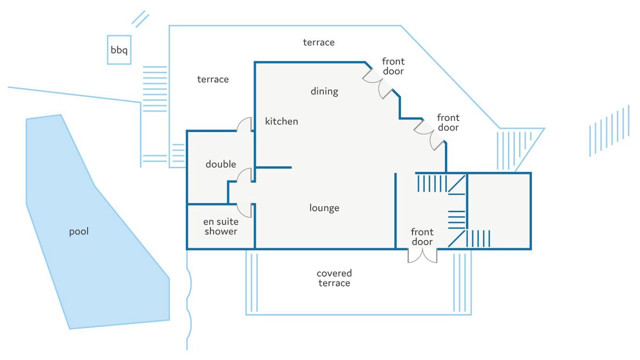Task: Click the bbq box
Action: [119, 50]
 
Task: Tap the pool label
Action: [79, 231]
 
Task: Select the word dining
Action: [324, 91]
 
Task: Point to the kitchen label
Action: [281, 121]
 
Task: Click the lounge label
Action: [324, 208]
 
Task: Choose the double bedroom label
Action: [220, 164]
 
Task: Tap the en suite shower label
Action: [220, 226]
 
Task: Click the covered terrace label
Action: [334, 278]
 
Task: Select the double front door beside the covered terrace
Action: [422, 255]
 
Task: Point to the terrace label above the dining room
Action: [318, 42]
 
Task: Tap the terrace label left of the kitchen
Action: [213, 79]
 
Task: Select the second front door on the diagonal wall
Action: [429, 133]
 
